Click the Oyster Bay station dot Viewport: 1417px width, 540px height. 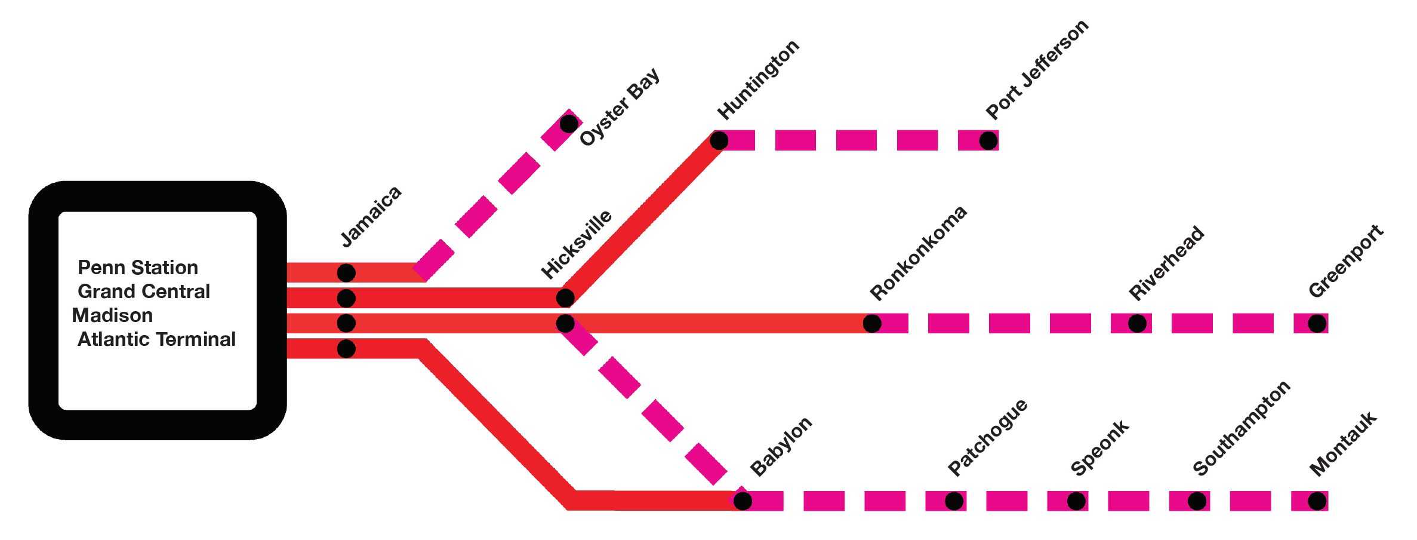point(569,124)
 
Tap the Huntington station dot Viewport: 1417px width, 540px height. point(719,141)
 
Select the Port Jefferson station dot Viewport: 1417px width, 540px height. point(988,141)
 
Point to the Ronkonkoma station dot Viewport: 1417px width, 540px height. point(872,324)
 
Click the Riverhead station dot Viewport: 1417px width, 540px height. point(1137,324)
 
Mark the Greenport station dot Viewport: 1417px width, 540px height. point(1317,324)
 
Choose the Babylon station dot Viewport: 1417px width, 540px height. point(743,501)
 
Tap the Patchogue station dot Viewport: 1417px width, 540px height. point(954,501)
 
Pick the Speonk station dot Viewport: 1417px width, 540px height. point(1076,501)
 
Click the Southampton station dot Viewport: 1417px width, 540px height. point(1197,501)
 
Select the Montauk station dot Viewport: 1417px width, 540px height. point(1317,501)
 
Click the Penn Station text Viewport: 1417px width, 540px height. point(138,268)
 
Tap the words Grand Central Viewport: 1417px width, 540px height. point(144,292)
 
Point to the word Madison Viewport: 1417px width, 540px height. point(112,315)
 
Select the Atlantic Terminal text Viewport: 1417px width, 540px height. point(156,339)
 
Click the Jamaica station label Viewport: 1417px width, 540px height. point(371,216)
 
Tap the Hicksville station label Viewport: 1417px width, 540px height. point(576,244)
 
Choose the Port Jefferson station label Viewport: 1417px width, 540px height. point(1037,69)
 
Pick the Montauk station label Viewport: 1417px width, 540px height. point(1343,443)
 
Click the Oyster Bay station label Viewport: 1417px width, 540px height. point(620,106)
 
